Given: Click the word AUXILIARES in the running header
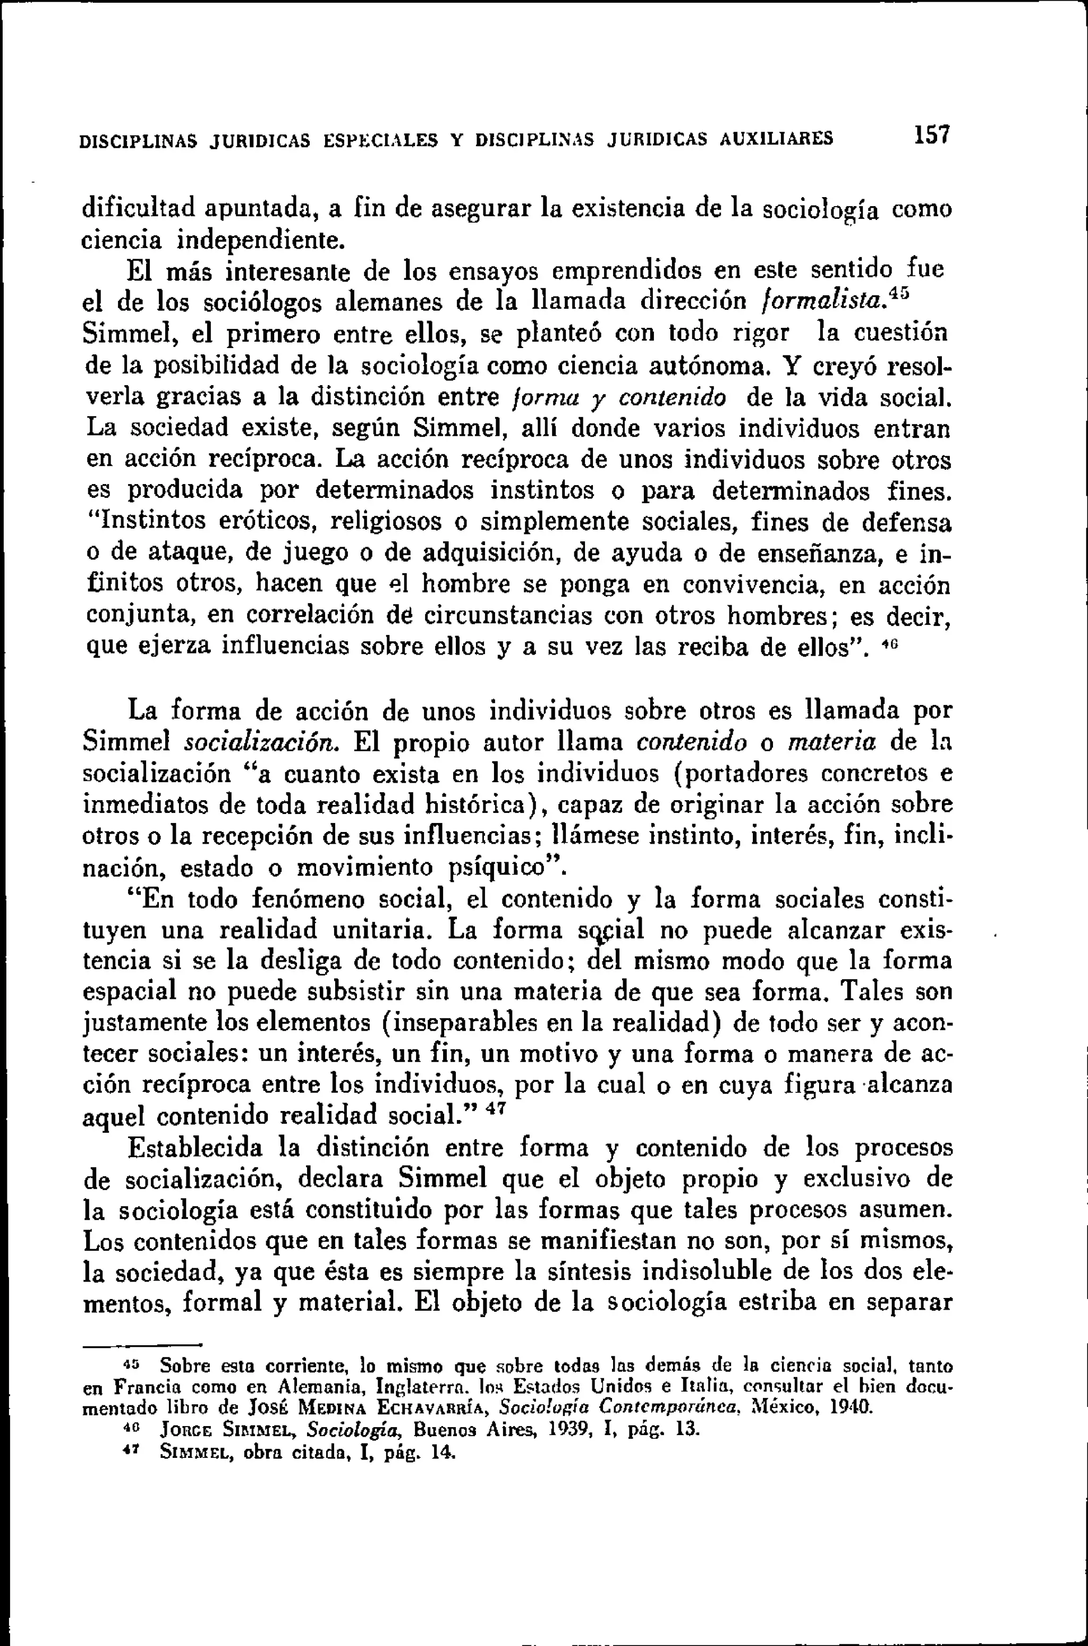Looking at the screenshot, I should click(777, 139).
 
